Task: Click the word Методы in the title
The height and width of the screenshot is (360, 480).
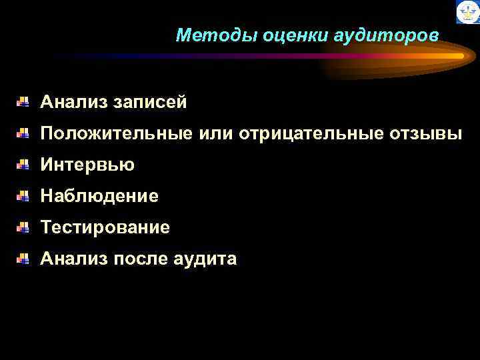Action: pyautogui.click(x=208, y=35)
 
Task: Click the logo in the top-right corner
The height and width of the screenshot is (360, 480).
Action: pyautogui.click(x=467, y=12)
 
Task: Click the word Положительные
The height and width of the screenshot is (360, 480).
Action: pyautogui.click(x=117, y=134)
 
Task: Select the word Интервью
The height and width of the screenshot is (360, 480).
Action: pyautogui.click(x=87, y=165)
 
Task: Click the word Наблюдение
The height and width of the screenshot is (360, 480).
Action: pyautogui.click(x=99, y=196)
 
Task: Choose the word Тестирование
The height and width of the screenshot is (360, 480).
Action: pyautogui.click(x=105, y=227)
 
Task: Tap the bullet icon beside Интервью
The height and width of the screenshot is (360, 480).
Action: pyautogui.click(x=23, y=165)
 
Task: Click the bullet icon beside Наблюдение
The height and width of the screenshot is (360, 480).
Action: pyautogui.click(x=23, y=196)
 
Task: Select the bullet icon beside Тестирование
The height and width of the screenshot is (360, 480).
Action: pyautogui.click(x=23, y=227)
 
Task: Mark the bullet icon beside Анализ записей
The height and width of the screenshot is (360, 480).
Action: pyautogui.click(x=23, y=102)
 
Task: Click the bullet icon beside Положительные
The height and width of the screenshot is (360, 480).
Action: pyautogui.click(x=23, y=133)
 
